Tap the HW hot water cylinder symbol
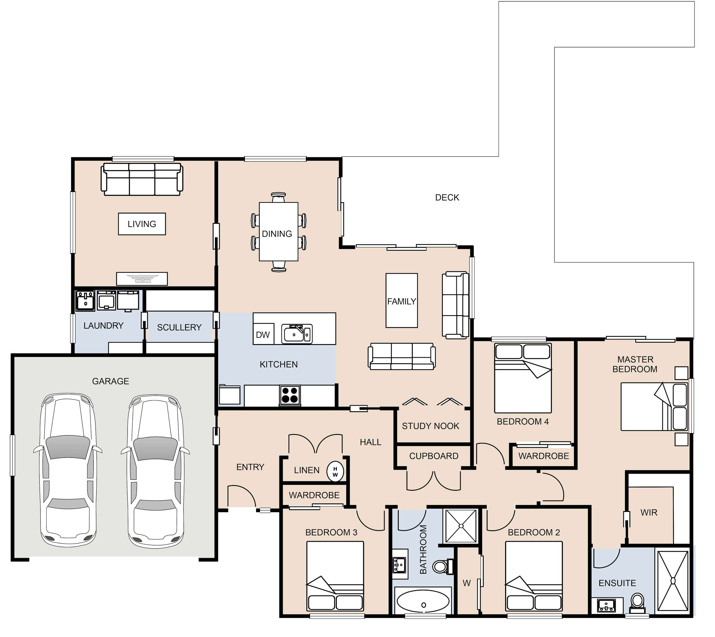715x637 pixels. coord(335,472)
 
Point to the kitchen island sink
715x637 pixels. coord(297,334)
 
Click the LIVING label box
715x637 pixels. coord(142,224)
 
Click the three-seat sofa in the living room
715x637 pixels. coord(142,179)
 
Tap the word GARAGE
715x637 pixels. coord(111,381)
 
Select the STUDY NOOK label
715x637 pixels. coord(431,426)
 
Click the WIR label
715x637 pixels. coord(649,513)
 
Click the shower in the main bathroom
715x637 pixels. coord(461,526)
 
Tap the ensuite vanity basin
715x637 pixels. coord(606,606)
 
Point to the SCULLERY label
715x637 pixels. coord(179,328)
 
